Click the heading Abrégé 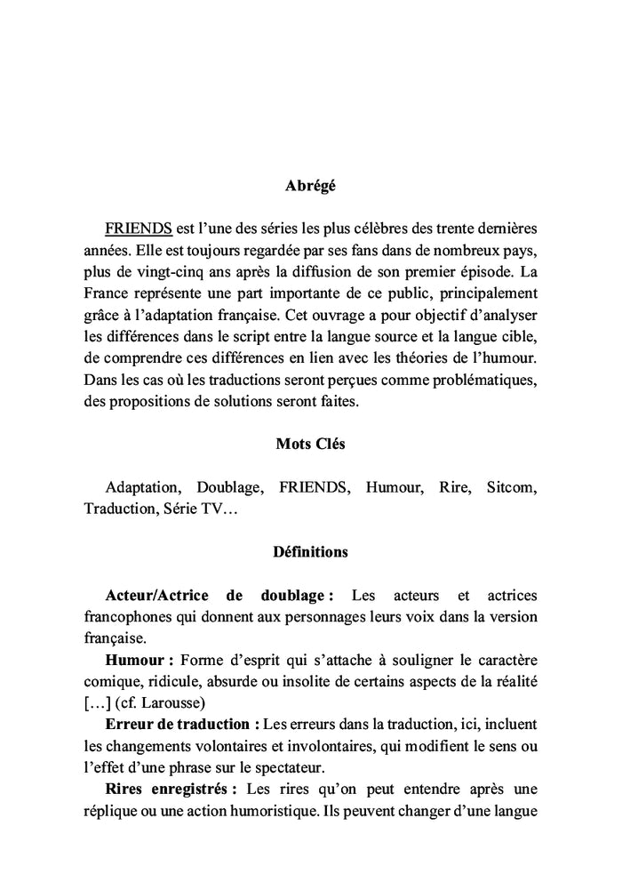coord(310,187)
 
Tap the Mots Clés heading coord(310,445)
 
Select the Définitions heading coord(310,552)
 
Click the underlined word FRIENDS coord(138,229)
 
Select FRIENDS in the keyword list coord(314,488)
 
